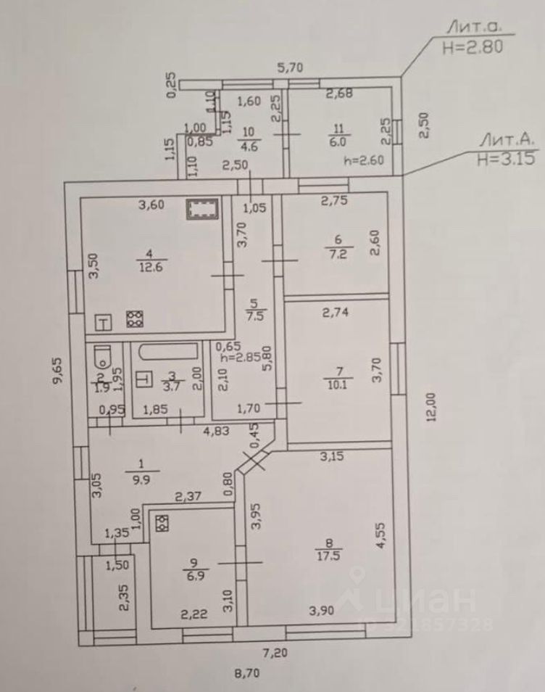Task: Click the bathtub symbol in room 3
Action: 168,353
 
